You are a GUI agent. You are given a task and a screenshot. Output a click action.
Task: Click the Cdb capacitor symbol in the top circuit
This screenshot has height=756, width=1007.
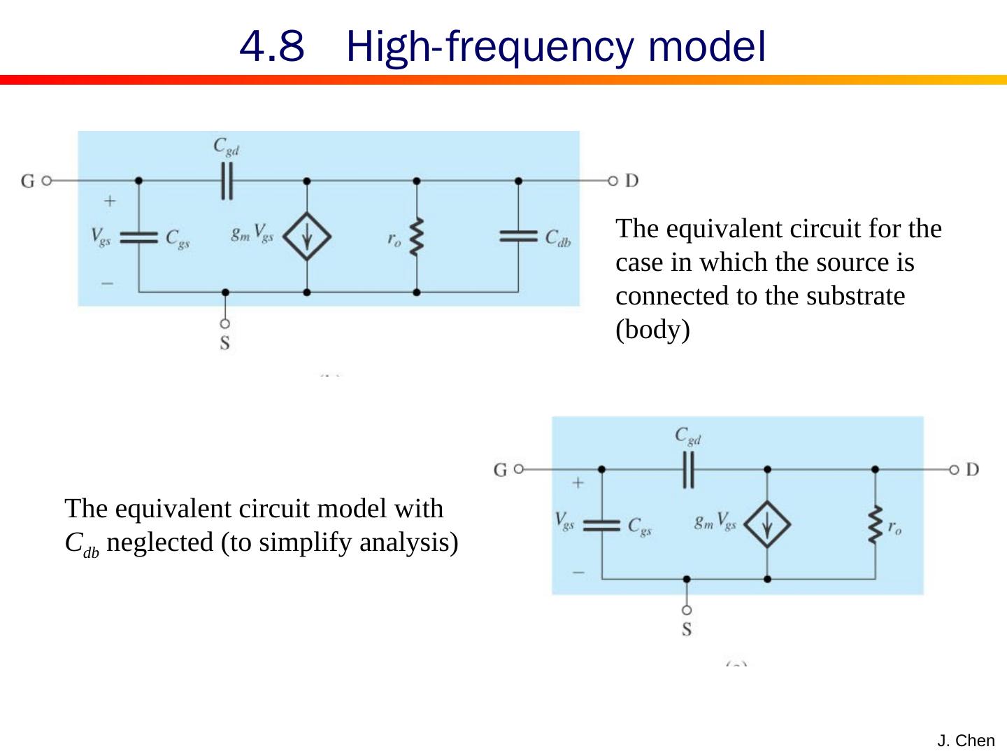[518, 236]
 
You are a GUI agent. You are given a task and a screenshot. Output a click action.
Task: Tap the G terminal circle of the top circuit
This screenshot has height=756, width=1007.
[46, 181]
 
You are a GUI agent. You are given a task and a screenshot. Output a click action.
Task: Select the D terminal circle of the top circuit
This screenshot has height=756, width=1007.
[613, 181]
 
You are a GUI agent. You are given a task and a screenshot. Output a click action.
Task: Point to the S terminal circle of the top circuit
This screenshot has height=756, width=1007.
[224, 323]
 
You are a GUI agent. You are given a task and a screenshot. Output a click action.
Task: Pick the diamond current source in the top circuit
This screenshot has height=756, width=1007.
[307, 237]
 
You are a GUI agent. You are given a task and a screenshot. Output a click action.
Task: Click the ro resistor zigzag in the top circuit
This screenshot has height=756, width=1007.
[417, 237]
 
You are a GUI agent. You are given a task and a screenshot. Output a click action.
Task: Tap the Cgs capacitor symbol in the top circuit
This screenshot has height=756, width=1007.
[138, 237]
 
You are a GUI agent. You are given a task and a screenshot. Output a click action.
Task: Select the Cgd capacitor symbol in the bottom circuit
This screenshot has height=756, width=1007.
[689, 469]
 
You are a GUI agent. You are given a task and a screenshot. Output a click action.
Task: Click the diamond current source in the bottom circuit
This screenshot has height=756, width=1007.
[768, 524]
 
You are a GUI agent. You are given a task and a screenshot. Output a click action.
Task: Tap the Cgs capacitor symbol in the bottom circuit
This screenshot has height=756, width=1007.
[601, 525]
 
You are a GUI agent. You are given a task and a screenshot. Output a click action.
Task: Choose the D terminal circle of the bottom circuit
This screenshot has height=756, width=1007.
[953, 469]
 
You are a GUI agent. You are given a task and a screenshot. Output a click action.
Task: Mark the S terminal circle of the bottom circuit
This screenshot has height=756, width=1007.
[687, 610]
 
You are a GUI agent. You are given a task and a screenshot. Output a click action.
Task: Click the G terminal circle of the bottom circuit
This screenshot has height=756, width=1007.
[518, 469]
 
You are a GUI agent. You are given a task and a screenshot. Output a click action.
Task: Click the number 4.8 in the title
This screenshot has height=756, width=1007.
[271, 47]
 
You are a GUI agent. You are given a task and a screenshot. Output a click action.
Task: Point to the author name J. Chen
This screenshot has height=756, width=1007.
[966, 741]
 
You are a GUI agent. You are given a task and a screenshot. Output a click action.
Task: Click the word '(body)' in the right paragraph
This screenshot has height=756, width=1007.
[652, 330]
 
